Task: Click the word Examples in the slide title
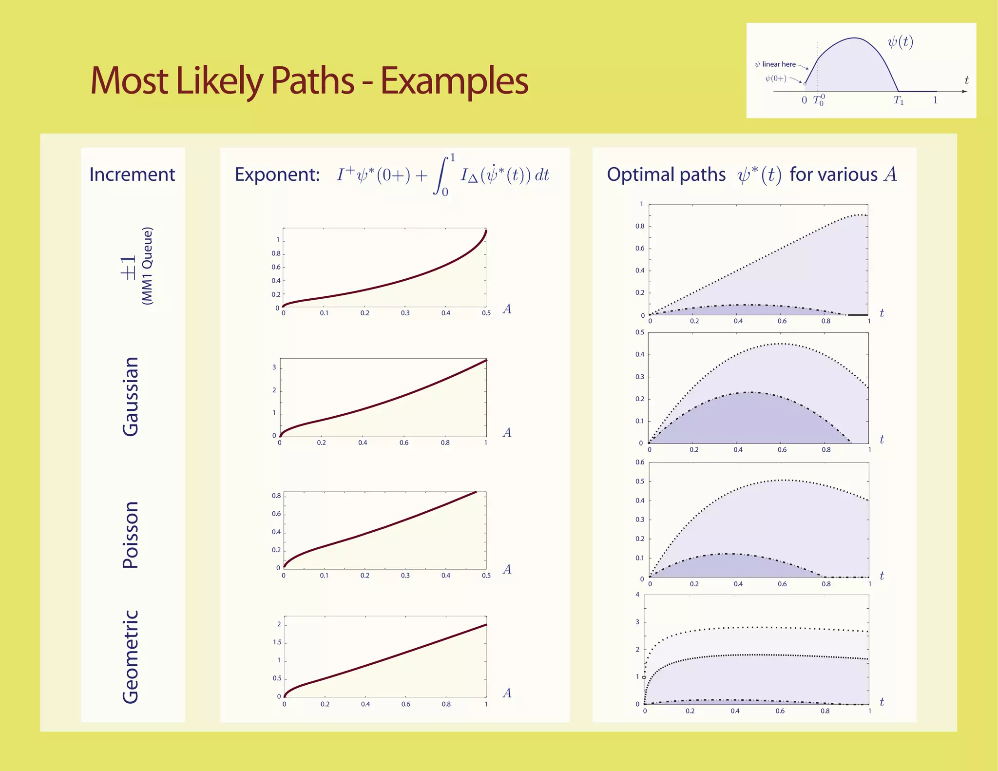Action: pos(454,81)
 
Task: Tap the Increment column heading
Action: pos(132,174)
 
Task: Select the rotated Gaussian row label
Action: pos(131,397)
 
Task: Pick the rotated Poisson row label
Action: pos(131,535)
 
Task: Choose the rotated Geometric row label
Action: pos(131,656)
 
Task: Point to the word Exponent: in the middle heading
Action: pos(277,174)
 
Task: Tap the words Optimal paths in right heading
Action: pos(666,174)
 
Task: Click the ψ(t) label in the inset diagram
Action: pos(900,42)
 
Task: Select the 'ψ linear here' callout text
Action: pos(775,64)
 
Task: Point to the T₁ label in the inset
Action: pos(899,100)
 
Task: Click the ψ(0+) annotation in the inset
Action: pos(775,78)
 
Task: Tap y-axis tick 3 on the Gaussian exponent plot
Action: pos(274,367)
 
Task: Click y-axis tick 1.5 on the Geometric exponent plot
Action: pos(277,642)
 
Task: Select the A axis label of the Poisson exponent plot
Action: pos(507,569)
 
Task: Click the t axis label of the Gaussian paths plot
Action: pos(882,440)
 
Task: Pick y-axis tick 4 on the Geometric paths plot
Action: pos(637,595)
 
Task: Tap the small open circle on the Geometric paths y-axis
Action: pos(644,677)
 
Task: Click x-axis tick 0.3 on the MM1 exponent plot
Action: pos(405,313)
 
